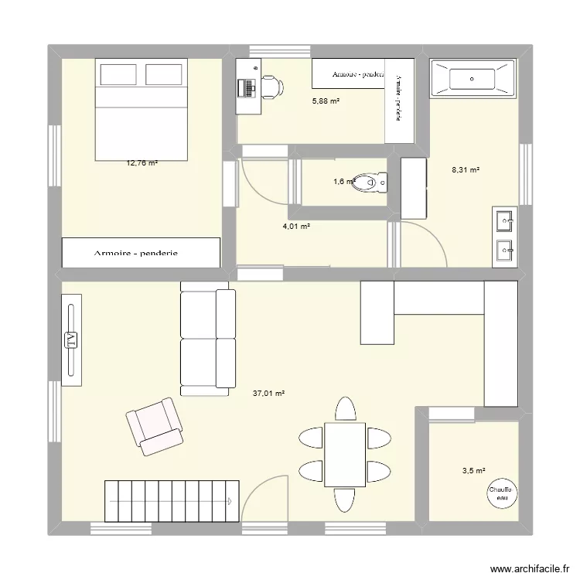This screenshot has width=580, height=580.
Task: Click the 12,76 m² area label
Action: click(142, 163)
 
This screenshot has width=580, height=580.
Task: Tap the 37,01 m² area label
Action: click(268, 394)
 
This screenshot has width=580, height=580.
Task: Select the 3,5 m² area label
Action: click(473, 470)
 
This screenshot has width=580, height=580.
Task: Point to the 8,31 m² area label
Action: click(466, 170)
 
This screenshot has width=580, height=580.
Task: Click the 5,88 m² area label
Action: click(326, 101)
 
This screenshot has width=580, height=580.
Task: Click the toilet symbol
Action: click(374, 183)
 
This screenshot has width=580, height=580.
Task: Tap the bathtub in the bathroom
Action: click(472, 78)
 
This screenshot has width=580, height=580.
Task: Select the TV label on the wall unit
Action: click(70, 339)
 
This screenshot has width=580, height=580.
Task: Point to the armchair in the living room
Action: click(155, 425)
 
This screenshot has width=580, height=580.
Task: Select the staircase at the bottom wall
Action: click(171, 501)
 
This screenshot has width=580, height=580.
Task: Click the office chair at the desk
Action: click(271, 87)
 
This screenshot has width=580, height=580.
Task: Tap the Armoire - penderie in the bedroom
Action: click(142, 253)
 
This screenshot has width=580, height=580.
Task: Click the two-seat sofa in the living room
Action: click(206, 337)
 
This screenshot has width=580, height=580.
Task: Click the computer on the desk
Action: click(248, 87)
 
